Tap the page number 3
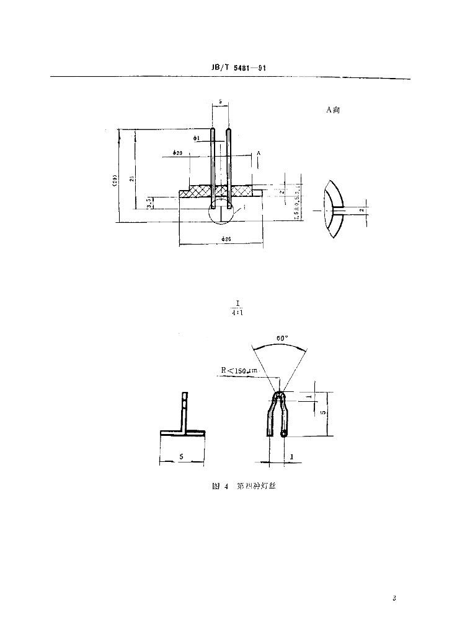click(394, 598)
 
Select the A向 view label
click(332, 110)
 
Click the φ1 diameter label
click(197, 139)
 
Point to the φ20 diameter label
click(177, 153)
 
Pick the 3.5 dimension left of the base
click(149, 202)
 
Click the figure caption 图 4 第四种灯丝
click(242, 487)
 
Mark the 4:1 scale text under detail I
click(237, 313)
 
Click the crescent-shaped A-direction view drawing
click(333, 210)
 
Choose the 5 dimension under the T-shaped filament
click(180, 457)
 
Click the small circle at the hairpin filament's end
click(284, 435)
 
